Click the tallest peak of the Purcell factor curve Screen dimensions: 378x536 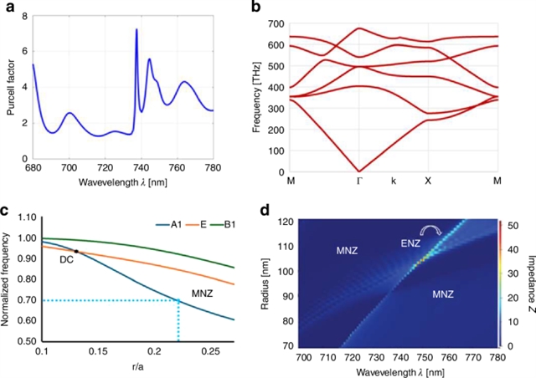point(137,30)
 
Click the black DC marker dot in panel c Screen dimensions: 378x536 point(76,251)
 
